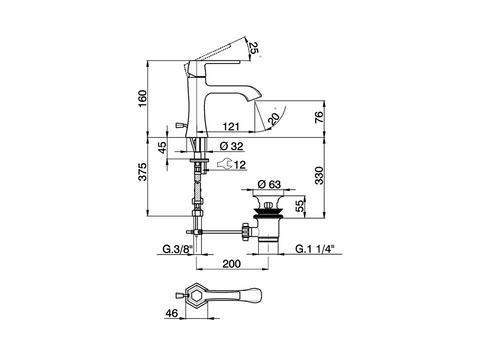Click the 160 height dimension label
pyautogui.click(x=142, y=98)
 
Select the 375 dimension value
pyautogui.click(x=142, y=172)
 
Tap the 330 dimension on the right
pyautogui.click(x=319, y=175)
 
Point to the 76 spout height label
pyautogui.click(x=319, y=117)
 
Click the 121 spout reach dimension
pyautogui.click(x=231, y=126)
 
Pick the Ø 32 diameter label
pyautogui.click(x=232, y=146)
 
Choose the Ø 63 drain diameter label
pyautogui.click(x=270, y=184)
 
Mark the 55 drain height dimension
pyautogui.click(x=300, y=206)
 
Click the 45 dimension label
pyautogui.click(x=161, y=148)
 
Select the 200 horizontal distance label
pyautogui.click(x=231, y=264)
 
